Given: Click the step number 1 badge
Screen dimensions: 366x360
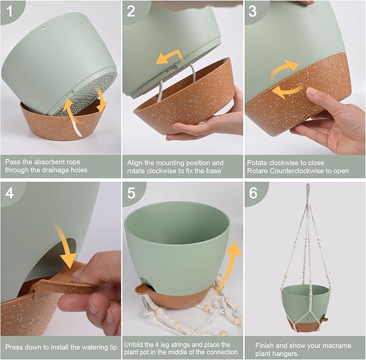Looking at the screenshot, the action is tap(10, 11).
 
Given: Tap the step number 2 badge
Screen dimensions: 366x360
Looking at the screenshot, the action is tap(131, 11).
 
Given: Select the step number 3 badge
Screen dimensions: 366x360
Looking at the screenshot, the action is tap(253, 11).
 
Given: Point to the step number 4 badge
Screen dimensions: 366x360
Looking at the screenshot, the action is tap(10, 193).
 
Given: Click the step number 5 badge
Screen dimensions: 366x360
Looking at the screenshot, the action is tap(131, 193).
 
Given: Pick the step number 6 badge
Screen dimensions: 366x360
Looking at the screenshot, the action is tap(253, 193).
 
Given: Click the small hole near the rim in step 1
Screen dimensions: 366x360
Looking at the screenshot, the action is tap(44, 28).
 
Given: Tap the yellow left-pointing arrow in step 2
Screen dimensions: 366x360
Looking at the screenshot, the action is tap(169, 57).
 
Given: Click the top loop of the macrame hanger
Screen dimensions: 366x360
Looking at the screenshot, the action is tap(308, 187).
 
